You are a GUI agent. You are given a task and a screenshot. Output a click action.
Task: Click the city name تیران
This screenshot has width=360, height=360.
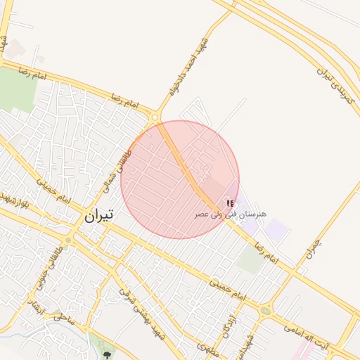click(x=98, y=216)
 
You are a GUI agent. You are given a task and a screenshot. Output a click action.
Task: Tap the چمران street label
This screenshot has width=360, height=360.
click(x=312, y=247)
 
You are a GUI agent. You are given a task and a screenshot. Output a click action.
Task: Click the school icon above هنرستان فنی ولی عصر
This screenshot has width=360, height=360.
click(x=231, y=202)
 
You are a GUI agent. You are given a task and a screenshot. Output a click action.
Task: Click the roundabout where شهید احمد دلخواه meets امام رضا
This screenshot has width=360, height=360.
click(x=155, y=117)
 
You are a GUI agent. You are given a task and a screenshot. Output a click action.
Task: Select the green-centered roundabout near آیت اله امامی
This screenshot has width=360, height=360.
click(x=266, y=309)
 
